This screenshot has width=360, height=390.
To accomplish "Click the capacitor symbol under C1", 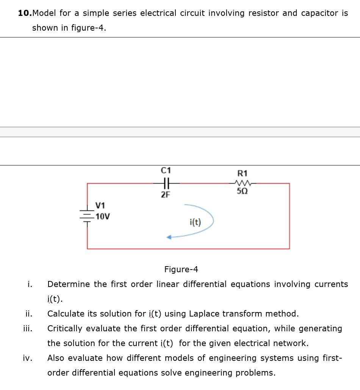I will click(166, 183).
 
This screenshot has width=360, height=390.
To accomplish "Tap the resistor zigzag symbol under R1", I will click(243, 183).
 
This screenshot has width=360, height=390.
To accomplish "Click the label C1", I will click(166, 170).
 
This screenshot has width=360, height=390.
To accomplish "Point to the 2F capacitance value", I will click(166, 195).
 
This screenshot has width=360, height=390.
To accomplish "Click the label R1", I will click(243, 173).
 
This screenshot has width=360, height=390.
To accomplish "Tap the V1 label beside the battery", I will click(100, 206).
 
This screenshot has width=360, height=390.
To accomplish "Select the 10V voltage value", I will click(103, 217).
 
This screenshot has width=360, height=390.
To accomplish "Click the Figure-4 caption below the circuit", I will click(181, 269).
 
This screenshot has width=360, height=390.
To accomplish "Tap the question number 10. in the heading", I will click(25, 13).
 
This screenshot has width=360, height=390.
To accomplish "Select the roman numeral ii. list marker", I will click(28, 314).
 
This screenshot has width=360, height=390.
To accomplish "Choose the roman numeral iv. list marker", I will click(28, 358).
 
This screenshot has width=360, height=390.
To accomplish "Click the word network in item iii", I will click(291, 343).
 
